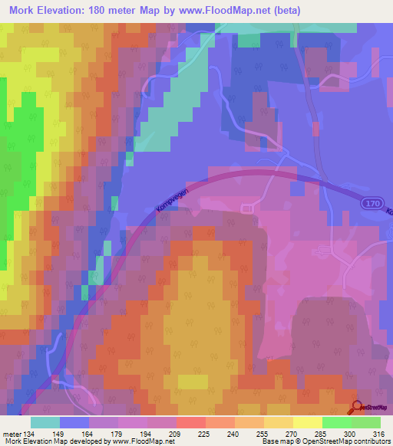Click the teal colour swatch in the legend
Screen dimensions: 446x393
pyautogui.click(x=45, y=422)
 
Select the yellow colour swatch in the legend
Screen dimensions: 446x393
pyautogui.click(x=307, y=422)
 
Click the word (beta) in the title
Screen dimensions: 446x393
pyautogui.click(x=281, y=11)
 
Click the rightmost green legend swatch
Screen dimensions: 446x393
pyautogui.click(x=365, y=422)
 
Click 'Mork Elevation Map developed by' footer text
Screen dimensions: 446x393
pyautogui.click(x=54, y=441)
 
